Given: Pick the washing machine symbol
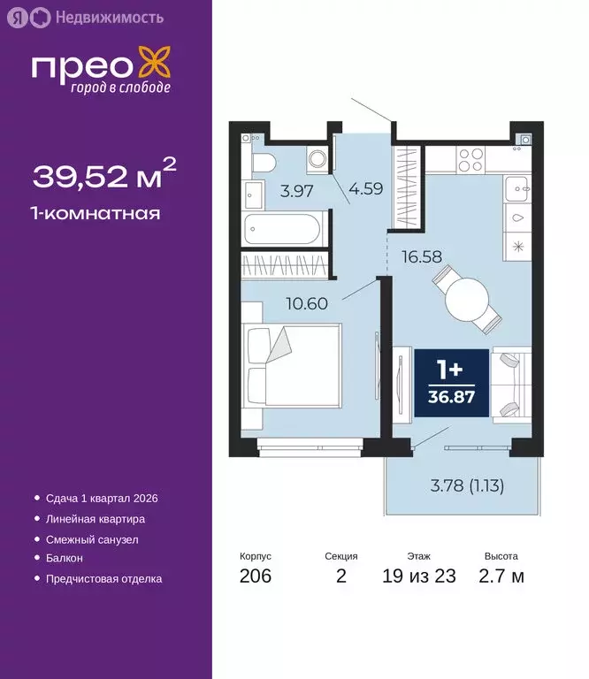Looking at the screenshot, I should coord(317,159).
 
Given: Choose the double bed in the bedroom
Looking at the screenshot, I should coord(292,364).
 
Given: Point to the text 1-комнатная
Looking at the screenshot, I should coord(96,213).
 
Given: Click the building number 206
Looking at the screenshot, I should coord(255,577).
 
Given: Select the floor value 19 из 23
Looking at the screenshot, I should coord(419,577).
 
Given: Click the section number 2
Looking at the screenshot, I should coord(341,577).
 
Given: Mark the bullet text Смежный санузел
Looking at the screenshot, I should coord(91,538).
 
